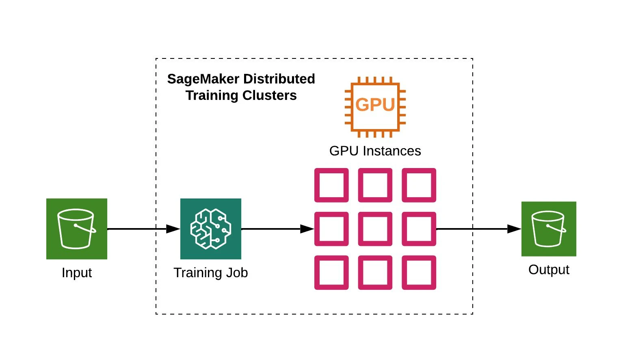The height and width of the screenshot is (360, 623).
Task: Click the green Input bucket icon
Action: (x=77, y=229)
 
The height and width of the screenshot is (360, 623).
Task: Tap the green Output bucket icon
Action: (x=549, y=229)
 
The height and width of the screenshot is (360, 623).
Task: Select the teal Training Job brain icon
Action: (x=210, y=229)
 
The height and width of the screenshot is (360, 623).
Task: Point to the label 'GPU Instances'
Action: (x=375, y=151)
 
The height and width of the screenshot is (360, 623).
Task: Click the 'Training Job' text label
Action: (x=210, y=273)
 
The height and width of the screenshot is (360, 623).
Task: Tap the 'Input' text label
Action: (x=77, y=273)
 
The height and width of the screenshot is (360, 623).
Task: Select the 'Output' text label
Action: (x=549, y=270)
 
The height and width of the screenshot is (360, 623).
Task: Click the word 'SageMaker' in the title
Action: (x=203, y=79)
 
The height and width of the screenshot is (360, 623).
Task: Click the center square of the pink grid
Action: (x=375, y=229)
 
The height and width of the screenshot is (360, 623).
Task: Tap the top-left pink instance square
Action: (x=331, y=185)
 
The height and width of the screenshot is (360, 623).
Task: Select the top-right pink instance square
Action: (x=419, y=185)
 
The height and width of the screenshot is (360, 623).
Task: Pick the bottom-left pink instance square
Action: (x=331, y=272)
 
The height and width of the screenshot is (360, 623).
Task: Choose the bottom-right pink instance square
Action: (x=419, y=272)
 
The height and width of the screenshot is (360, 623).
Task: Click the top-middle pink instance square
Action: (x=375, y=185)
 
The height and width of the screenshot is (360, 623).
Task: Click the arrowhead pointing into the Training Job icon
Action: (x=173, y=229)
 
